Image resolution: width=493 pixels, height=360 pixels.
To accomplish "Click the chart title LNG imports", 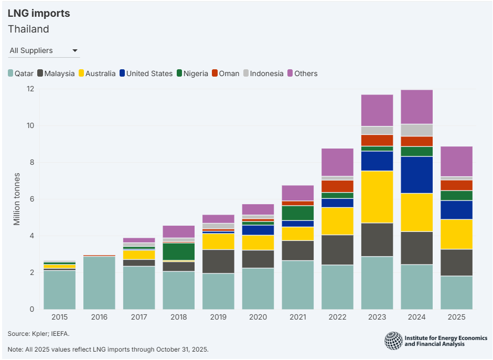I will click(x=39, y=14).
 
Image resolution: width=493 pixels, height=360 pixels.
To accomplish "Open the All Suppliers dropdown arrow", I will click(x=75, y=51).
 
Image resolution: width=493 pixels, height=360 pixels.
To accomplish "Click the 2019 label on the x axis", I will click(x=219, y=317).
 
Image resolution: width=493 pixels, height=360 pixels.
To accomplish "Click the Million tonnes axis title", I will click(x=17, y=199).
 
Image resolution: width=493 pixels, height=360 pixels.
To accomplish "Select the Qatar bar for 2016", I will click(x=100, y=283).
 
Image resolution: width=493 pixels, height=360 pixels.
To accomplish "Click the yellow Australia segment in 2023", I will click(x=377, y=197).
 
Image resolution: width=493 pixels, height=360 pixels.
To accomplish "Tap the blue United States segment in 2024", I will click(x=417, y=175).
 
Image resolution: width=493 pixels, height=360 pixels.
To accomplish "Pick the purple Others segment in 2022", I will click(x=337, y=162).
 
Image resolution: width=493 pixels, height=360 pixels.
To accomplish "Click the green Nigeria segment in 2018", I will click(x=179, y=251).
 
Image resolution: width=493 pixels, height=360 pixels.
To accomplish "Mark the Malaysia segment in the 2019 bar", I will click(x=219, y=261).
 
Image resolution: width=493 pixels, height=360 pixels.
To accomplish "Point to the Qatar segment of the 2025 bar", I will click(x=456, y=292).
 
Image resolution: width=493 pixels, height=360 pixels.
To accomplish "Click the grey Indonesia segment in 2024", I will click(x=417, y=130).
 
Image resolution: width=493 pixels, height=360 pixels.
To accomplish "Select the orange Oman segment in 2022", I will click(x=337, y=186).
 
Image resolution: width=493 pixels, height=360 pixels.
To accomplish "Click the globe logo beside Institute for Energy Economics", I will click(x=393, y=341).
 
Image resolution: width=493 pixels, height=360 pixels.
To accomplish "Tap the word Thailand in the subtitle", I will click(x=28, y=29).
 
